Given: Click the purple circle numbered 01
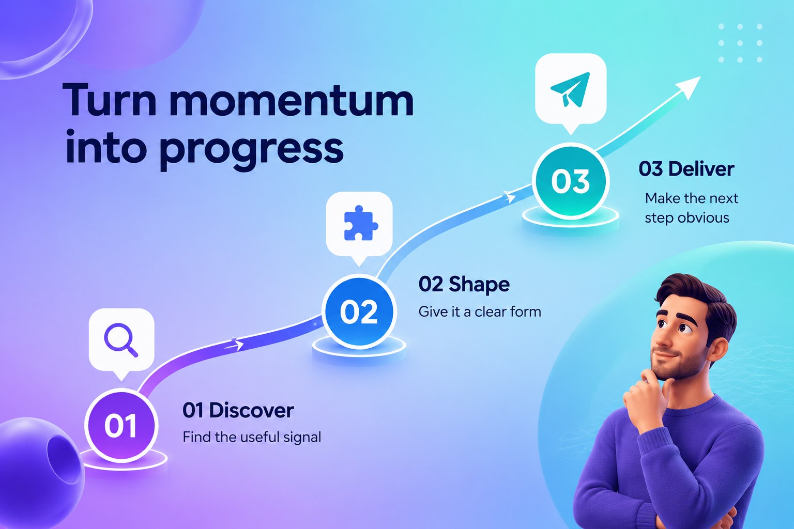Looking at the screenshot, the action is [x=121, y=425].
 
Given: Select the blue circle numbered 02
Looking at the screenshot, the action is [x=359, y=312].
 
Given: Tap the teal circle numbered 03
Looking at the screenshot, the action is [x=570, y=181].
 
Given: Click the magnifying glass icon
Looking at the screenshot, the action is [x=120, y=339].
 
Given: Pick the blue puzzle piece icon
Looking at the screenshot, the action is [x=360, y=223].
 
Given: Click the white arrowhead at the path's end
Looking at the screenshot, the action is [x=688, y=87].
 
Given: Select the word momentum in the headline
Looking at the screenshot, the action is [x=292, y=101].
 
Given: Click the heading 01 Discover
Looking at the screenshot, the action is [x=238, y=411].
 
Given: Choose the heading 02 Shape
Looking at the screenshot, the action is [x=464, y=285].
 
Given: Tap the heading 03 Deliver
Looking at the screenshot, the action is [x=686, y=169].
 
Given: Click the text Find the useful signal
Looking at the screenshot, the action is [x=252, y=437].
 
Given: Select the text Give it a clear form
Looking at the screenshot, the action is [x=480, y=312].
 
